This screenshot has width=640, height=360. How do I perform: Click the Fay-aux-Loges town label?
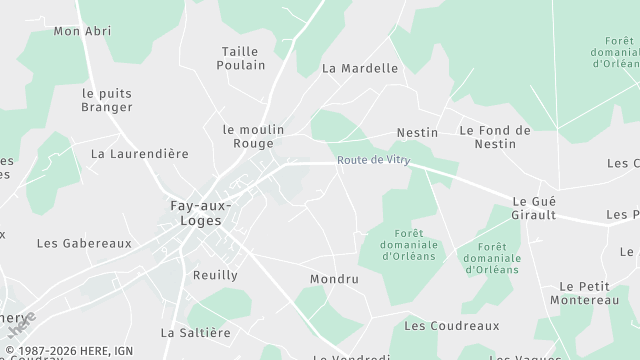[201, 214]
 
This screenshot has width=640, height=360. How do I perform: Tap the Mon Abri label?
[81, 31]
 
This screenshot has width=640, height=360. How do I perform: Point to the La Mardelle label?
[360, 69]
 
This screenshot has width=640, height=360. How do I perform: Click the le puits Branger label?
[107, 100]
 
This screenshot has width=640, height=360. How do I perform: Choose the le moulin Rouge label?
[253, 136]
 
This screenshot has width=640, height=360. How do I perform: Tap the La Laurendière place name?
[140, 154]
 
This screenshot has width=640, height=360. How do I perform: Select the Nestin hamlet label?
[417, 132]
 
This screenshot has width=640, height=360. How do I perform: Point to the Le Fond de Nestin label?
[494, 137]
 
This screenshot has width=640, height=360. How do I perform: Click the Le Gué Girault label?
[534, 207]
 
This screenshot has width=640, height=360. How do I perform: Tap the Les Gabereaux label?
[84, 243]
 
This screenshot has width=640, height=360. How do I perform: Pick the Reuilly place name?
[215, 275]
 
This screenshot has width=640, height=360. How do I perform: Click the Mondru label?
[334, 279]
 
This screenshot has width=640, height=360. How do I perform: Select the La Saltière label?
[196, 332]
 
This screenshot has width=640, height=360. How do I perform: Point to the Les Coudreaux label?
[451, 326]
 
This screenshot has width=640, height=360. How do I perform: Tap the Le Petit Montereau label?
[590, 293]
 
